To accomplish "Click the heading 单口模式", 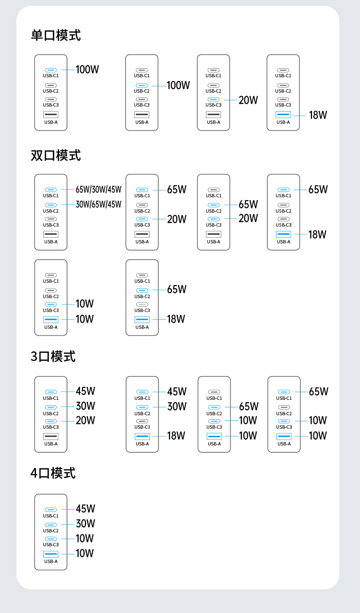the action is point(56,36).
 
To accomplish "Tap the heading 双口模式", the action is point(56,156).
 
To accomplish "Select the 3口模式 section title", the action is point(53,356).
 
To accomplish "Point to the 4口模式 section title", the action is point(53,473).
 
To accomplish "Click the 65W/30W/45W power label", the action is point(98,190).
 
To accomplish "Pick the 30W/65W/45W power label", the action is point(98,204).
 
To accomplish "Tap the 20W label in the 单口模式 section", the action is point(248,100).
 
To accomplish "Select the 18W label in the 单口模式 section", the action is point(318,115).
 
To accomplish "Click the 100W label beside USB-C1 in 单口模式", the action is point(87,70).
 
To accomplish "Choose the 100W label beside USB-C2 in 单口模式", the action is point(178,85).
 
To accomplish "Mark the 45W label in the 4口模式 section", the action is point(85,509).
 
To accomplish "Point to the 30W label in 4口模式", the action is point(85,524).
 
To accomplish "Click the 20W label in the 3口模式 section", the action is point(85,421).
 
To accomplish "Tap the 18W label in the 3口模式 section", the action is point(176,436).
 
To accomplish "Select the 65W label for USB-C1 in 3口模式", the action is point(318,392).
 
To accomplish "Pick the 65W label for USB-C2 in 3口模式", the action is point(249,407).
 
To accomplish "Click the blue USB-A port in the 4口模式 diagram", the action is point(50,554).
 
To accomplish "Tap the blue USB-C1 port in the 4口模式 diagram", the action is point(50,510).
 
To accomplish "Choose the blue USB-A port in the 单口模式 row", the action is point(283,115).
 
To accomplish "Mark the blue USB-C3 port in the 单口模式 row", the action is point(214,99).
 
